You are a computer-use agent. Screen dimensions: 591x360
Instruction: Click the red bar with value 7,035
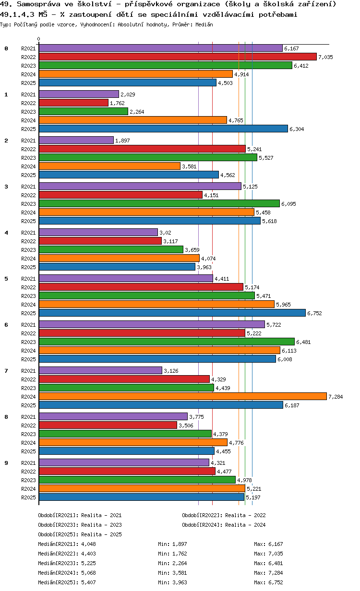178,57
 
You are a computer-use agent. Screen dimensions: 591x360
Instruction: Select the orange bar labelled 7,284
182,396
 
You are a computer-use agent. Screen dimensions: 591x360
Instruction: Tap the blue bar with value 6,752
172,313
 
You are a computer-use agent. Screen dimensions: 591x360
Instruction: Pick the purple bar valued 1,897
76,140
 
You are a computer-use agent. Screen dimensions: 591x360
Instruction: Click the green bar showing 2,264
83,111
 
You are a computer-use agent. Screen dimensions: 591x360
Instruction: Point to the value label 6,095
289,204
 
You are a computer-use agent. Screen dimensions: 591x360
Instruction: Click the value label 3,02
164,233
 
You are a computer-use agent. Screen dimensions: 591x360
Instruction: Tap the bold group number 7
6,371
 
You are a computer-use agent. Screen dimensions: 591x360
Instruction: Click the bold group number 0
6,48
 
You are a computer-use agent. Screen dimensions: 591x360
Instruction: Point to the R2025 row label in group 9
29,497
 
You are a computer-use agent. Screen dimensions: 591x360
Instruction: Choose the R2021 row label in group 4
29,233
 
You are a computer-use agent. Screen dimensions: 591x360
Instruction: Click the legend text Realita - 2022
245,515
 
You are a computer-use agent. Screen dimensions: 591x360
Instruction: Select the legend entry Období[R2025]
59,534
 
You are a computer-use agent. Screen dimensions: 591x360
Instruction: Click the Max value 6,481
276,563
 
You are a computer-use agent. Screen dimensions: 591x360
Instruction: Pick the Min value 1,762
180,554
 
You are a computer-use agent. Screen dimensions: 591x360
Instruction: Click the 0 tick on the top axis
39,39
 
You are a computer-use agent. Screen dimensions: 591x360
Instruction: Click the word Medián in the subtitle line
204,24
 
